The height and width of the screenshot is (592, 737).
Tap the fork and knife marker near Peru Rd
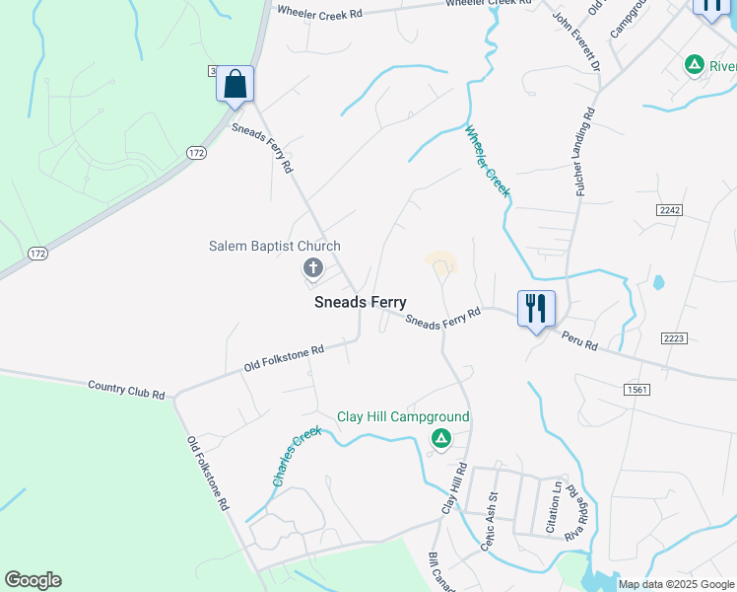coord(536,309)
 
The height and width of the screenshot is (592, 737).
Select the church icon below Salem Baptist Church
coord(313,267)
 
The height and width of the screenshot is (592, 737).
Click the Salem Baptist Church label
coord(275,246)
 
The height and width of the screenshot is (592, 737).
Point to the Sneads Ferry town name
coord(361,303)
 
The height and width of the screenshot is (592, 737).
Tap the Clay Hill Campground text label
coord(403,416)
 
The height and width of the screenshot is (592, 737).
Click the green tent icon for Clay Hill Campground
coord(441,438)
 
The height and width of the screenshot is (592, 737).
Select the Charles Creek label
coord(297,455)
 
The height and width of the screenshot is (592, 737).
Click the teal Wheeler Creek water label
coord(487,161)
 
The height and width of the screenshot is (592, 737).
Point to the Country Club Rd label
coord(126,390)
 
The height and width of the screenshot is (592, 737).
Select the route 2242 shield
coord(669,209)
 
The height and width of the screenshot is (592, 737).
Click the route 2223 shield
coord(675,338)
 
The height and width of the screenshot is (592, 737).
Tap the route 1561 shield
coord(636,391)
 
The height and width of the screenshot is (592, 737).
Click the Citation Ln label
coord(556,503)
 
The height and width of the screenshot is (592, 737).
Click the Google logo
coord(33,580)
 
